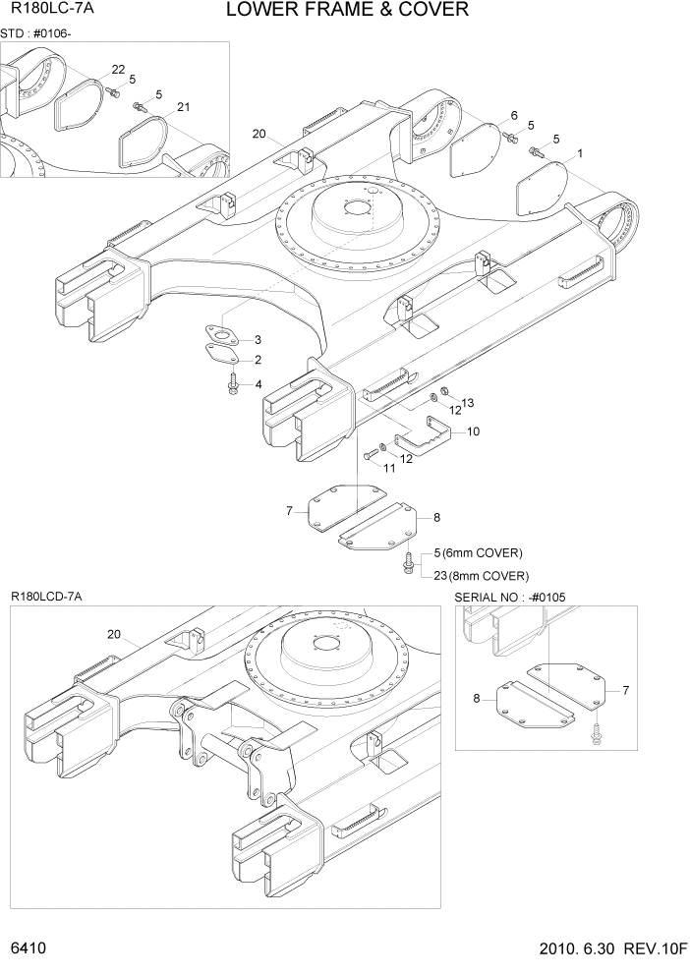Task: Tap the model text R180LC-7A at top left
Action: (x=44, y=12)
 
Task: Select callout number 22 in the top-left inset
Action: (x=118, y=69)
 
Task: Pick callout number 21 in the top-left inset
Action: (x=183, y=106)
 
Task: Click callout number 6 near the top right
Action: (x=513, y=116)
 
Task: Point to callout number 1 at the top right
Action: (x=580, y=153)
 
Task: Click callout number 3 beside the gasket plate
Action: (x=258, y=339)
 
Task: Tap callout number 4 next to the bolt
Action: (x=258, y=383)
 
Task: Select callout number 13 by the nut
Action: (x=468, y=403)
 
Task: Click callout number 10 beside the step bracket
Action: (x=473, y=431)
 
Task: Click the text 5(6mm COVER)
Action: (x=478, y=552)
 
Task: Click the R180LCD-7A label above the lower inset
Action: (x=46, y=597)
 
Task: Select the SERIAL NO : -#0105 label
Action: (x=510, y=598)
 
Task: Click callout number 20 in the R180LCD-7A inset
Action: (x=114, y=634)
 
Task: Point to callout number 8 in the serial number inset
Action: (x=477, y=699)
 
